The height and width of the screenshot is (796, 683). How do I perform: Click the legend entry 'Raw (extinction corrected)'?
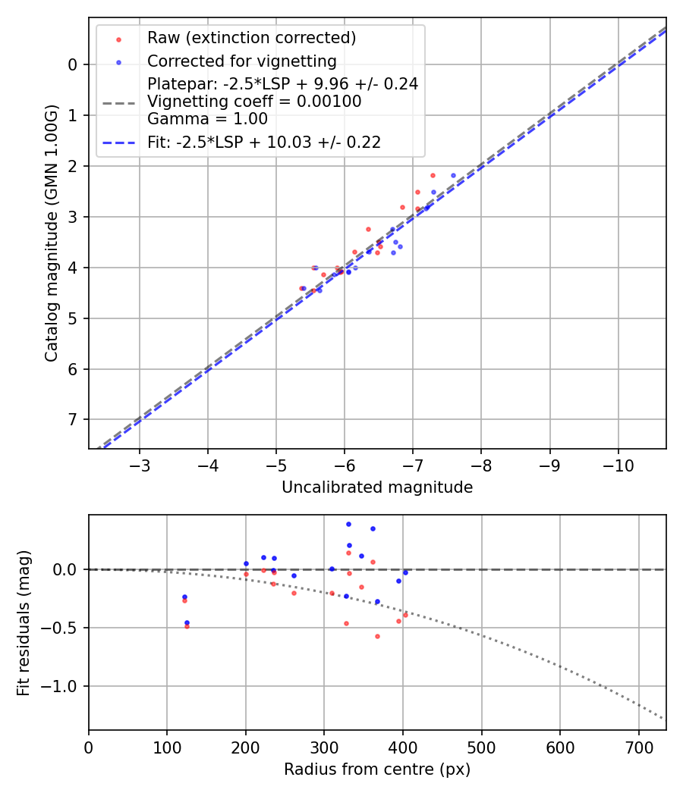click(x=251, y=38)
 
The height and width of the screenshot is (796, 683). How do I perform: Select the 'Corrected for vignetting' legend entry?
click(x=241, y=61)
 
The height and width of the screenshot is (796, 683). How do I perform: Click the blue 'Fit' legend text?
click(x=263, y=142)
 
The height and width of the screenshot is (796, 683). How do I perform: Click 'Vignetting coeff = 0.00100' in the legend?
click(x=254, y=102)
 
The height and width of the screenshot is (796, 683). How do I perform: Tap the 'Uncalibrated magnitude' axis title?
click(x=377, y=487)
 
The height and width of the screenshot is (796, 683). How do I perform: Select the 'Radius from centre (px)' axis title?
click(x=377, y=769)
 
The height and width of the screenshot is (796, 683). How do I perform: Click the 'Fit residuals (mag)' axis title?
click(x=24, y=622)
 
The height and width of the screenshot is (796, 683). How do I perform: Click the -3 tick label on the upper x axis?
click(x=140, y=464)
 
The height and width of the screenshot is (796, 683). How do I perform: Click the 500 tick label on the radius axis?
click(x=481, y=746)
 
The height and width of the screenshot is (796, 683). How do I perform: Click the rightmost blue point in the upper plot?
click(x=453, y=175)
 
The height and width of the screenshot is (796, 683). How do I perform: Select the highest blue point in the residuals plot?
click(x=348, y=524)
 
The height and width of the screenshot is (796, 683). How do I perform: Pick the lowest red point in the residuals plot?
click(x=377, y=636)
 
